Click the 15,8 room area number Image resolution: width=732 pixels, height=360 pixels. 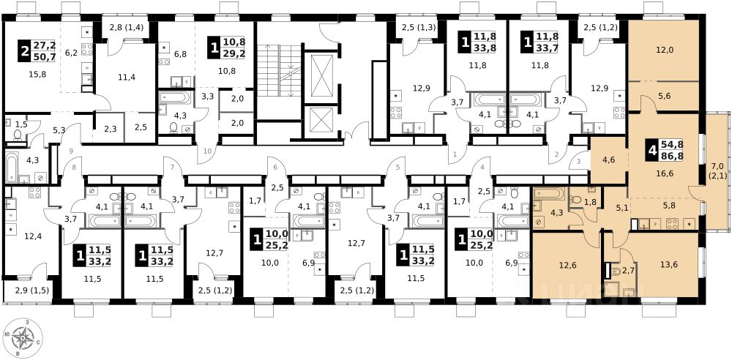(x=37, y=74)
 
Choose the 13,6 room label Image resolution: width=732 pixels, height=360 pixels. (x=668, y=264)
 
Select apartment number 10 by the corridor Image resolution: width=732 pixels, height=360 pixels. (x=208, y=150)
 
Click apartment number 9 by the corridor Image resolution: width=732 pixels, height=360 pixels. (x=71, y=151)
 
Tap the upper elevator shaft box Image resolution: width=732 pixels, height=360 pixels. (x=321, y=75)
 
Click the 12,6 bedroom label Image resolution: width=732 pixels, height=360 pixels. (x=566, y=265)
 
